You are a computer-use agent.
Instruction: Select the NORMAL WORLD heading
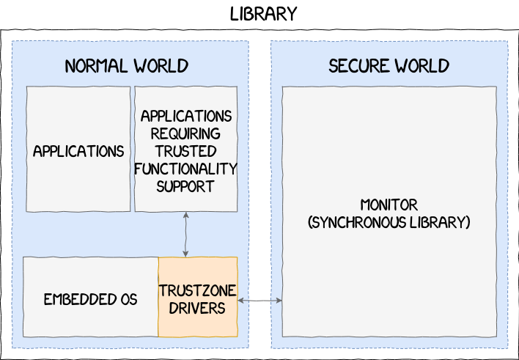[126, 66]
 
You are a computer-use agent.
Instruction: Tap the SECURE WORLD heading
[389, 66]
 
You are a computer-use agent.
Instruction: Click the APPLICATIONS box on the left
[78, 151]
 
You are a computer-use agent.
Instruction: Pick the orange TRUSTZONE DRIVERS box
[198, 297]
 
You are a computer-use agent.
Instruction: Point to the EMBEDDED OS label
[90, 299]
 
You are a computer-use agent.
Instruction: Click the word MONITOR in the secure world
[389, 205]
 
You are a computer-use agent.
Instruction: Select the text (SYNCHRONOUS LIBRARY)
[389, 222]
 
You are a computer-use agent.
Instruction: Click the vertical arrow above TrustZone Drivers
[185, 235]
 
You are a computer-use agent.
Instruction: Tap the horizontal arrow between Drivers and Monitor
[259, 300]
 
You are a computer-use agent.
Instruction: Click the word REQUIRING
[185, 133]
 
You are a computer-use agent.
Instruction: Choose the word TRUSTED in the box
[185, 151]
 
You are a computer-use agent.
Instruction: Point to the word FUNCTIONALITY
[185, 169]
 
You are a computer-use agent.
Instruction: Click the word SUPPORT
[185, 186]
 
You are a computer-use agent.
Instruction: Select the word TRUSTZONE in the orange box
[197, 290]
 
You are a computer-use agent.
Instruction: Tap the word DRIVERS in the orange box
[197, 308]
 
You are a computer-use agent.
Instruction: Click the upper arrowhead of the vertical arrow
[185, 216]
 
